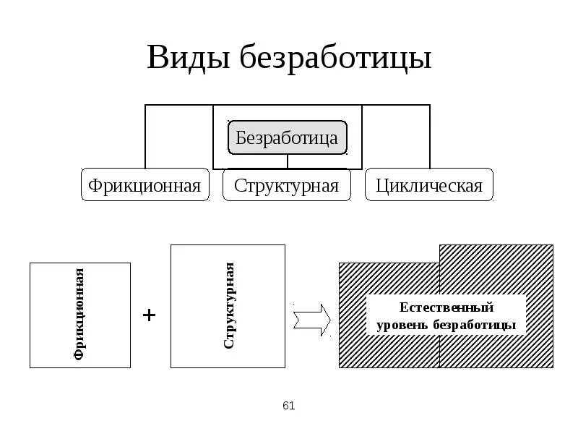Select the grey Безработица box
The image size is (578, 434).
pos(288,137)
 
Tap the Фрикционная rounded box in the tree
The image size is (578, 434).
pos(144,185)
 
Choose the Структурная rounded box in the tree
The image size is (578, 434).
pos(287,185)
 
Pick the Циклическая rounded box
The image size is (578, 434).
pos(429,185)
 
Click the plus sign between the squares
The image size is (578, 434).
pos(150,315)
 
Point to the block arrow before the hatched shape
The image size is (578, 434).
pos(312,318)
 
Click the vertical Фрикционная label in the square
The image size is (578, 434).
pos(80,314)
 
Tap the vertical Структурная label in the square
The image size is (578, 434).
pos(229,306)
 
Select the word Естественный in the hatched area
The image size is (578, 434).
pos(445,308)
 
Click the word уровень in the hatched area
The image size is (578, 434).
pos(402,325)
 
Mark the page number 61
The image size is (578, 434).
pos(289,406)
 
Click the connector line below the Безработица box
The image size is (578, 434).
pos(288,161)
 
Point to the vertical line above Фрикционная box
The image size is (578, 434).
pos(146,137)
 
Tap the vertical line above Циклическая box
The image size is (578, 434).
pos(431,137)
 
